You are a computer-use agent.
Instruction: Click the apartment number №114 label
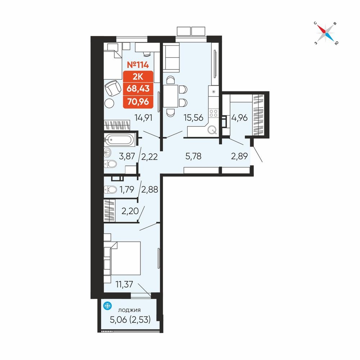(138, 65)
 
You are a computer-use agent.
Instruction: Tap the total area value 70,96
(138, 101)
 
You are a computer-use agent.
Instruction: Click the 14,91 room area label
(144, 118)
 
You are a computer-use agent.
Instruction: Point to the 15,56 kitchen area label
(194, 118)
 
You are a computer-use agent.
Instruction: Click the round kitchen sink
(212, 130)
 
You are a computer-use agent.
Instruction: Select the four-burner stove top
(213, 113)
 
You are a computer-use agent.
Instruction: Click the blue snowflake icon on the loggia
(107, 306)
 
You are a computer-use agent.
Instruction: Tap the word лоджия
(129, 310)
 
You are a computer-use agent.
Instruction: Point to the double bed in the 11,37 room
(125, 258)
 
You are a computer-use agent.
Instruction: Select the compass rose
(325, 33)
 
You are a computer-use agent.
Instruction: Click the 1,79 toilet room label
(127, 190)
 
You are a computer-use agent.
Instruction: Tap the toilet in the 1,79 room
(110, 190)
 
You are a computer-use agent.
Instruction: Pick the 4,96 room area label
(239, 118)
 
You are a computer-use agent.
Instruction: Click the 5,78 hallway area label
(193, 156)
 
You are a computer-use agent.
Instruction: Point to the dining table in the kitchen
(171, 96)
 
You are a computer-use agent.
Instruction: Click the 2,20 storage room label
(130, 211)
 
